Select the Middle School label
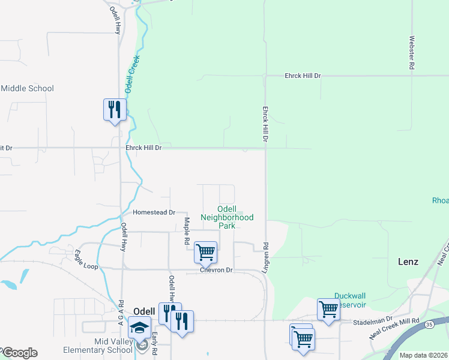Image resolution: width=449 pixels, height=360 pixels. coord(27,88)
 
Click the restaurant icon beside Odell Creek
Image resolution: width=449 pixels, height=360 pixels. coord(115,110)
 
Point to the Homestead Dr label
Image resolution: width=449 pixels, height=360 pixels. coord(154,212)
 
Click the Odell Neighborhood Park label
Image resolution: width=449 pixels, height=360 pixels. coord(227,217)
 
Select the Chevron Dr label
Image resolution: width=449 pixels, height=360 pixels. coord(216,271)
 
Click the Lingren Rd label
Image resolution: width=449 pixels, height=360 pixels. coord(265,257)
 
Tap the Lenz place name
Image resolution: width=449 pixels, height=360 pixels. coord(408,262)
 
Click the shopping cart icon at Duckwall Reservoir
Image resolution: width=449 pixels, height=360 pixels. coord(328,310)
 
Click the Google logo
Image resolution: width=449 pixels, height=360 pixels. coord(20,353)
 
